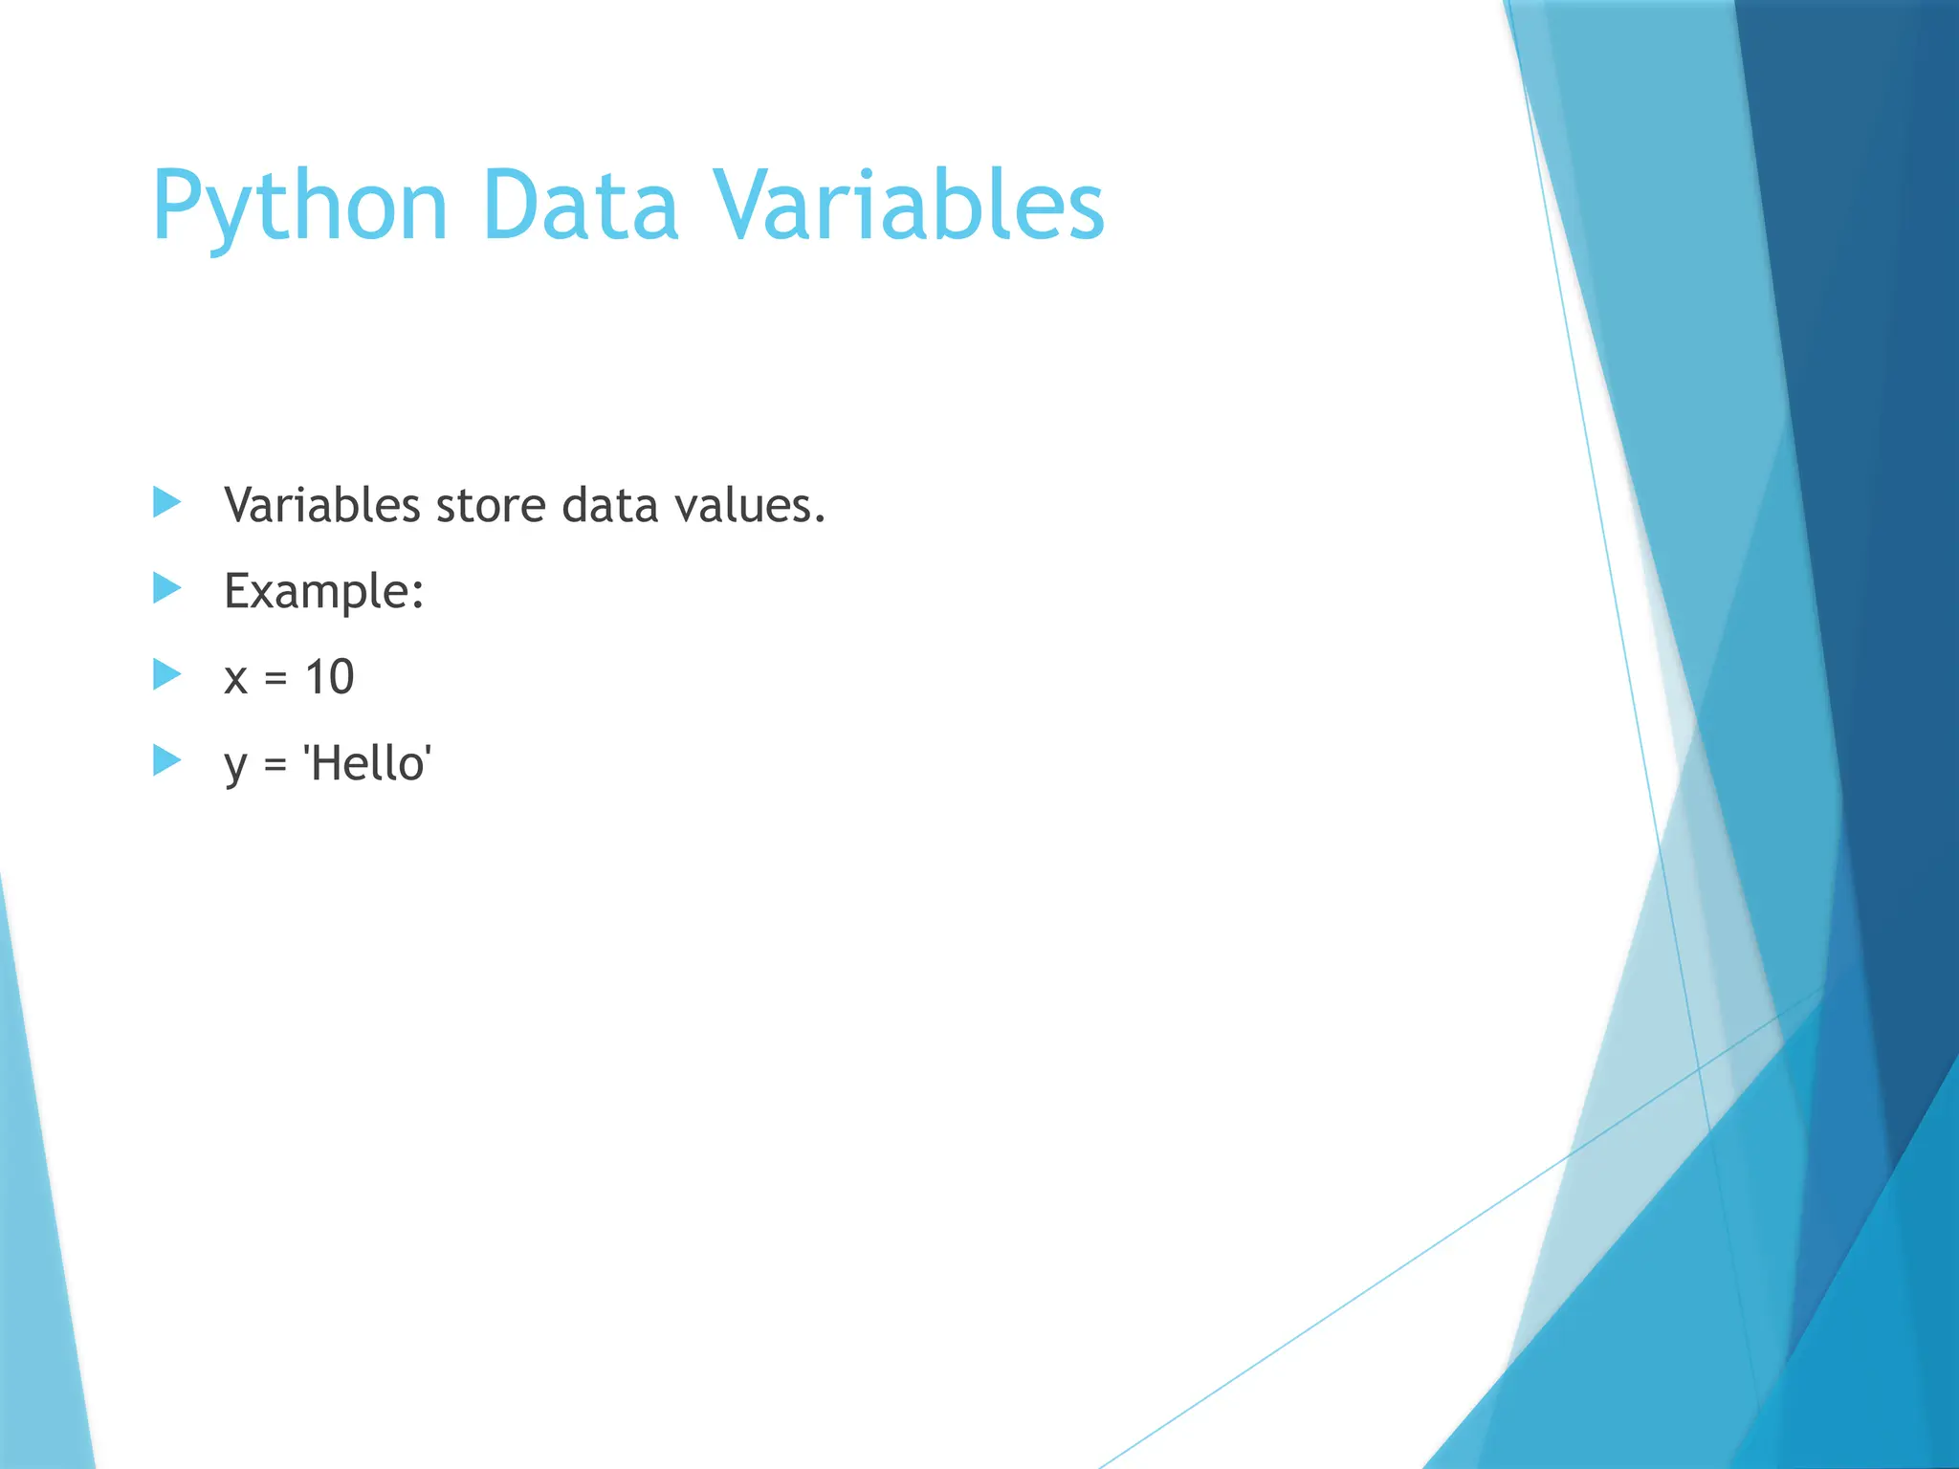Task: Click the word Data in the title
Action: (x=580, y=206)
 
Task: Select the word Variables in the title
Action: (x=912, y=206)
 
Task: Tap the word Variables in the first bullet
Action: (x=321, y=505)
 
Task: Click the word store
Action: (x=491, y=507)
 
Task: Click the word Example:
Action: (x=323, y=591)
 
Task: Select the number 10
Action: (x=329, y=677)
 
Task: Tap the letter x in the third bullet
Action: (x=235, y=679)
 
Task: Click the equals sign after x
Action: (x=275, y=679)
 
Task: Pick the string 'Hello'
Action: (x=367, y=763)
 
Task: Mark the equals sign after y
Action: (x=275, y=764)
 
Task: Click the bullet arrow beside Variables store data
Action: (x=166, y=502)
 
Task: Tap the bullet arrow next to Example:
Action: (x=166, y=588)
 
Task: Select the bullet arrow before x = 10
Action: (x=166, y=674)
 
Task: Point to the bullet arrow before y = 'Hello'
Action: (x=166, y=761)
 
